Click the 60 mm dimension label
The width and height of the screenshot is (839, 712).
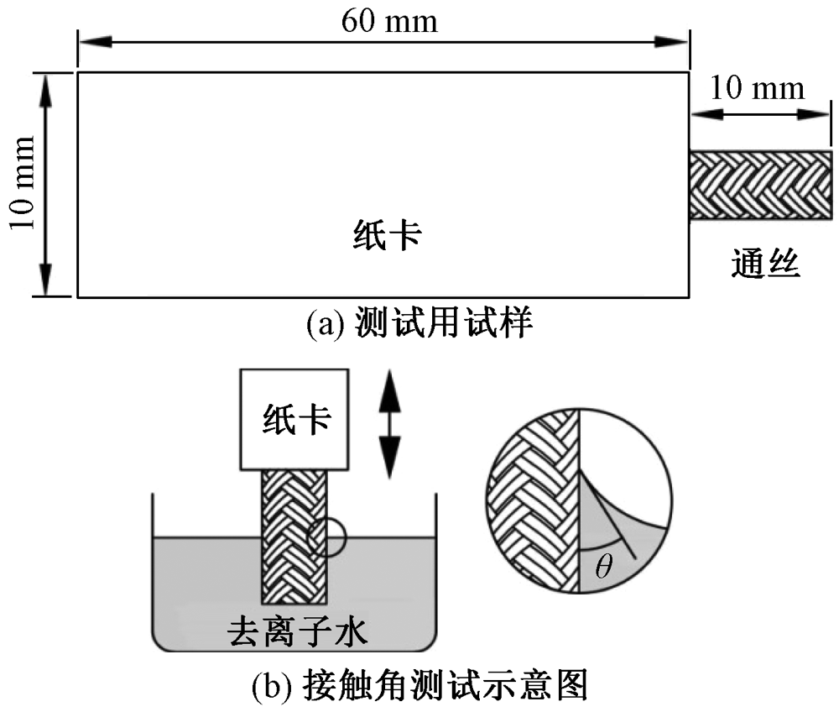coord(388,20)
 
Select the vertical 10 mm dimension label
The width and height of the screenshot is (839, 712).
coord(23,183)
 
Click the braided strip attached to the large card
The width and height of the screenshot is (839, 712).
coord(760,186)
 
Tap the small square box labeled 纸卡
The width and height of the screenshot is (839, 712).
coord(295,418)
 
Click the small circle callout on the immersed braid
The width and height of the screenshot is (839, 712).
coord(325,537)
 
